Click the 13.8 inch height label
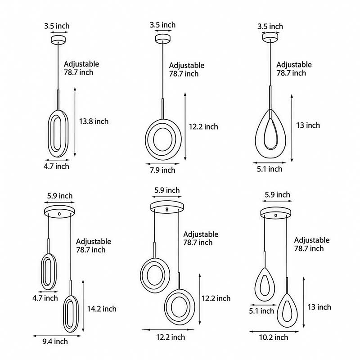[94, 121]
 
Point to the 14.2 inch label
[102, 309]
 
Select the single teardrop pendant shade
[270, 135]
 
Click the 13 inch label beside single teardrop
[307, 125]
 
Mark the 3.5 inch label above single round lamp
[162, 25]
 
